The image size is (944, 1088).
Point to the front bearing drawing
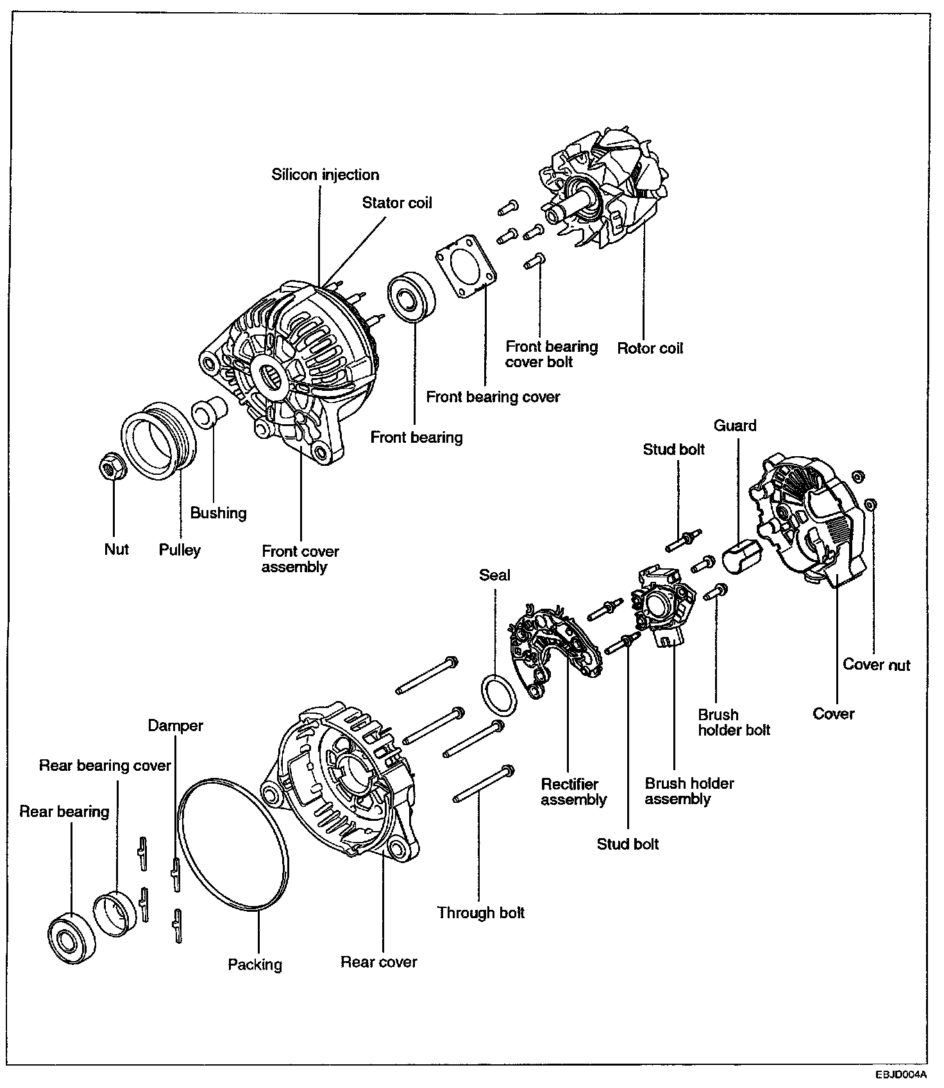(x=411, y=297)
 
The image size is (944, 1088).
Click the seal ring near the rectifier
(x=498, y=696)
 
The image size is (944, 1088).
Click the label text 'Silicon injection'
(x=325, y=175)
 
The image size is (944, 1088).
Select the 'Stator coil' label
(x=397, y=203)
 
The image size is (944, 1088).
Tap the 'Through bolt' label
(x=480, y=912)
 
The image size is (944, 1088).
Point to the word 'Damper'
(x=175, y=725)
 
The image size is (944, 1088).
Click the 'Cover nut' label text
(x=876, y=665)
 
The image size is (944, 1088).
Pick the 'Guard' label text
(x=735, y=425)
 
